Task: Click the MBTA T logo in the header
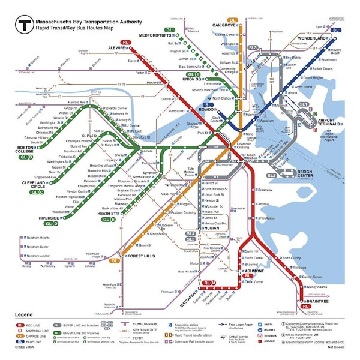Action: coord(25,25)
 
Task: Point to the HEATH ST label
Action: coord(104,213)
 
